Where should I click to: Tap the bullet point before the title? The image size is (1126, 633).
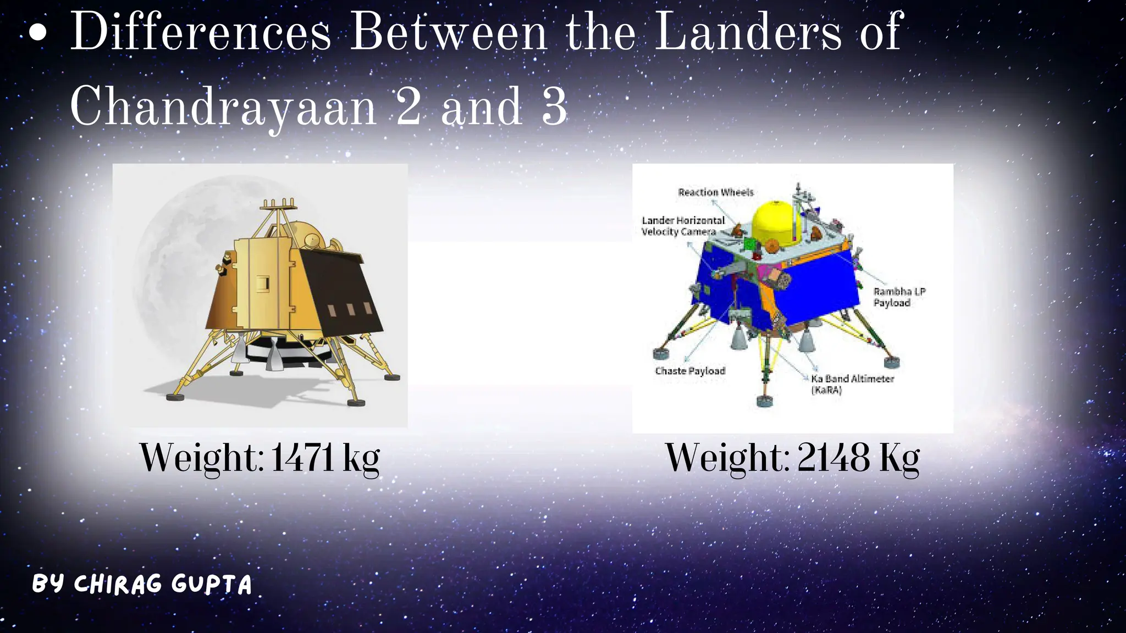click(x=37, y=33)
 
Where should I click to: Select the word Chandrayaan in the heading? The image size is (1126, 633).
click(x=223, y=107)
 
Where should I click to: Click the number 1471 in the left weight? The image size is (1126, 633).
click(x=302, y=458)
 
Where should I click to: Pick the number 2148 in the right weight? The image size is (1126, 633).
click(x=834, y=458)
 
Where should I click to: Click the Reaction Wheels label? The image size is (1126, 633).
click(x=715, y=192)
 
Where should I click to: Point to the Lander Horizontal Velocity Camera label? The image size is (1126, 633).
click(x=683, y=226)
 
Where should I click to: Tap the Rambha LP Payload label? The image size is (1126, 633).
click(x=899, y=297)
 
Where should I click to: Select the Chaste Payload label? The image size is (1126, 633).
click(x=690, y=371)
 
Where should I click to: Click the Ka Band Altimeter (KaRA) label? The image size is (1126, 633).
click(x=852, y=384)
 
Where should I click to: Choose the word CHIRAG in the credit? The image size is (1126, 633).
click(x=118, y=584)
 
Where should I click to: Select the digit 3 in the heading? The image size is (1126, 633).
click(x=554, y=107)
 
